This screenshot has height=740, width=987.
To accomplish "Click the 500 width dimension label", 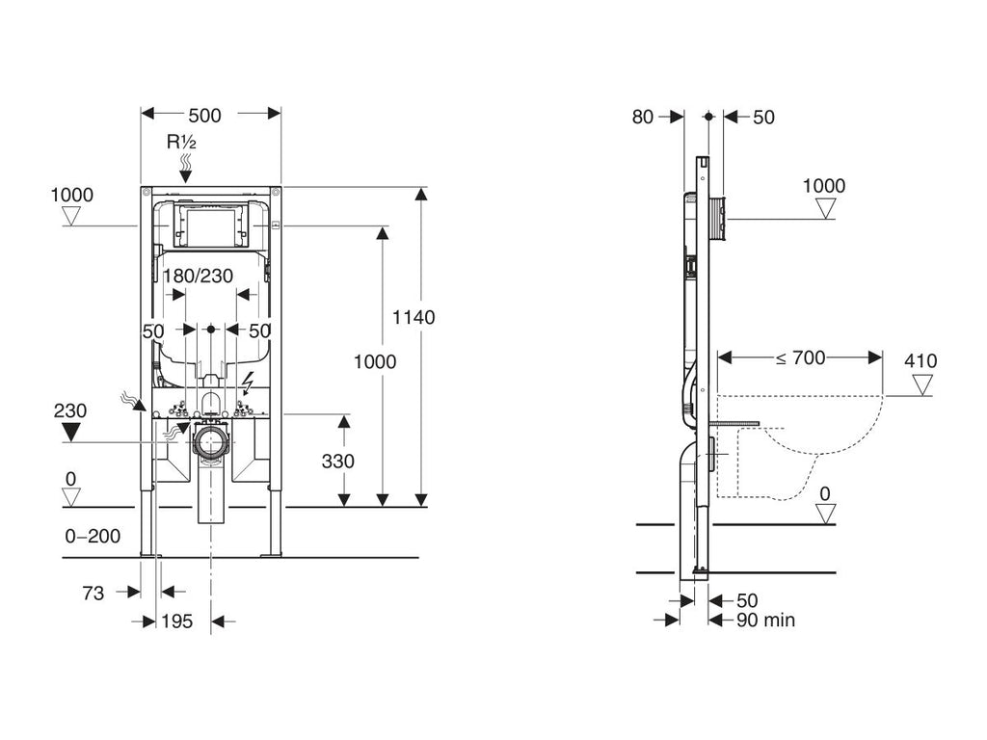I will pos(204,116).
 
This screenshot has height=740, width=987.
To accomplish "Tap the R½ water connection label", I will pos(182,143).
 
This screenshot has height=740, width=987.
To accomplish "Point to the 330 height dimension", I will pos(338,461).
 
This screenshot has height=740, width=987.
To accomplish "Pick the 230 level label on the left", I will pos(70,410).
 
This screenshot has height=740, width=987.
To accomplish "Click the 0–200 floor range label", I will pos(93,536).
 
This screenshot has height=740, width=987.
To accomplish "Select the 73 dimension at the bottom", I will pos(93,594).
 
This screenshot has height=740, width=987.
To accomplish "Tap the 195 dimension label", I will pos(177,621).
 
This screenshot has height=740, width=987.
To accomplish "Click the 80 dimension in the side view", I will pos(643,117).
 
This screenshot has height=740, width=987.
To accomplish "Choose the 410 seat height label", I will pos(920,361).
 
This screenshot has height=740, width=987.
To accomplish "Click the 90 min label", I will pos(766,621).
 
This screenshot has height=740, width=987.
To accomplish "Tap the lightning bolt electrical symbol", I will pos(248,382).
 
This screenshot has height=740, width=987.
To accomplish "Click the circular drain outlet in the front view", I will pos(211,442).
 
